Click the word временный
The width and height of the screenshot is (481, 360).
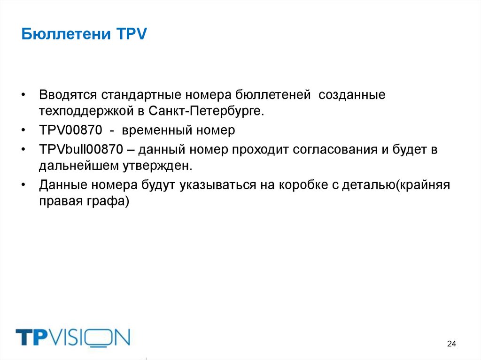tap(157, 130)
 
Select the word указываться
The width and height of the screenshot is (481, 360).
tap(215, 185)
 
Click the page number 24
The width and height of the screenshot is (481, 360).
tap(451, 344)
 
